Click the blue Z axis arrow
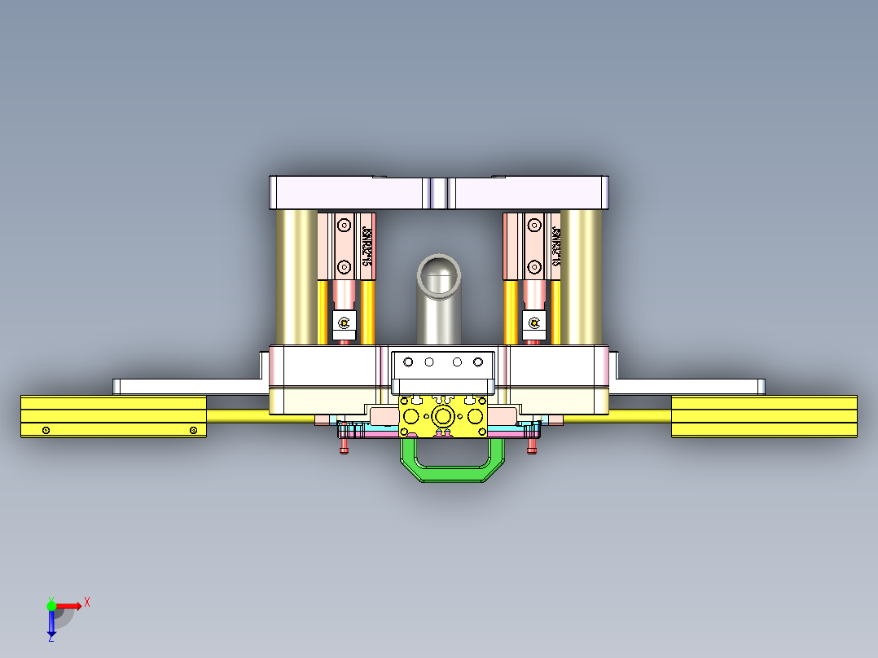[x=51, y=625]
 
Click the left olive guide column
[x=296, y=277]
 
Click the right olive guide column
[x=581, y=277]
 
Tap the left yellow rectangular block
[x=113, y=416]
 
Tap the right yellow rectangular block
[x=763, y=416]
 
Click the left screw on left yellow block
[x=46, y=430]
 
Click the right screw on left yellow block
[x=193, y=430]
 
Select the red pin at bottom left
[x=344, y=447]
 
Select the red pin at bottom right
[x=533, y=447]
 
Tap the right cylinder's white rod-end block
[x=534, y=324]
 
